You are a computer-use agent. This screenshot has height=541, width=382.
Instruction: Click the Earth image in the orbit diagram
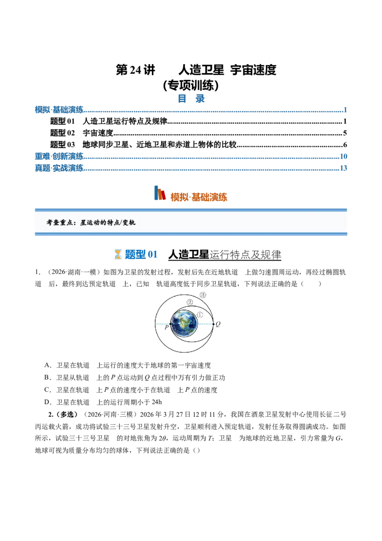click(x=184, y=324)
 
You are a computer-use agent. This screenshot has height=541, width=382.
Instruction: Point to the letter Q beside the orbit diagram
click(x=218, y=324)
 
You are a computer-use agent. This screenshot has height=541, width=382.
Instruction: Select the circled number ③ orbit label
click(x=203, y=295)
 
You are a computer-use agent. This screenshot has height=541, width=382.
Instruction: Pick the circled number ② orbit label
click(x=190, y=302)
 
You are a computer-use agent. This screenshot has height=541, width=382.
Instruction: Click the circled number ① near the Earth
click(x=200, y=314)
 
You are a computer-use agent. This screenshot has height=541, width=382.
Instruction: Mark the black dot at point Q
click(x=213, y=324)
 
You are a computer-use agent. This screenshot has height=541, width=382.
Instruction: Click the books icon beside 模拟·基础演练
click(x=159, y=193)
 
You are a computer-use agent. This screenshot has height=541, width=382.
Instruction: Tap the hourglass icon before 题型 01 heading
click(x=118, y=254)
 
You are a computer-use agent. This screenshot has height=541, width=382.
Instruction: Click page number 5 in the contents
click(x=345, y=133)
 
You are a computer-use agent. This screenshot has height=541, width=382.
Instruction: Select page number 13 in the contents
click(x=343, y=168)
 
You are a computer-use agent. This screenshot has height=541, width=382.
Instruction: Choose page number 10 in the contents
click(x=343, y=156)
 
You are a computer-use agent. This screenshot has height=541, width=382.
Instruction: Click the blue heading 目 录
click(x=191, y=98)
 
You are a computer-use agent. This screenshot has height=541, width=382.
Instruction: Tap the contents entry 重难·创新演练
click(x=59, y=156)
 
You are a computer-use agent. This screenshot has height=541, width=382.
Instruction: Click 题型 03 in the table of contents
click(x=63, y=144)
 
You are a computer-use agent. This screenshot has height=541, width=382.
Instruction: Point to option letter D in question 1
click(x=47, y=402)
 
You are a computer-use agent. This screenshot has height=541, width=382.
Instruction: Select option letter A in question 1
click(x=47, y=365)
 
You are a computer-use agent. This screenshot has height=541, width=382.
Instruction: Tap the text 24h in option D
click(x=157, y=402)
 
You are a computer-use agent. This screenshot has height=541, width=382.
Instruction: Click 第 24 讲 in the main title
click(x=136, y=70)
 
